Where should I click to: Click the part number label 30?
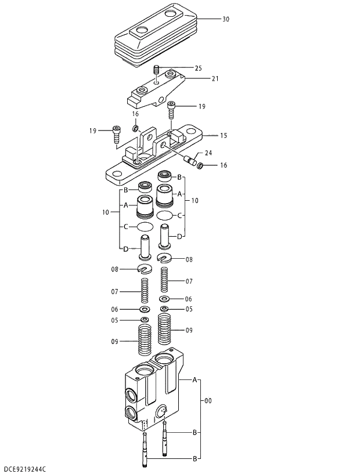(225, 19)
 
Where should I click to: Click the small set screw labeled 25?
(156, 71)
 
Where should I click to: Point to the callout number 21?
(215, 78)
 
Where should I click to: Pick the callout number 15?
(223, 136)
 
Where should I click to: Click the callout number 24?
(208, 154)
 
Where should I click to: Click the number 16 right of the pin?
(223, 166)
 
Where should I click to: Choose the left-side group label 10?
(106, 213)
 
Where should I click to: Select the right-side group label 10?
(195, 200)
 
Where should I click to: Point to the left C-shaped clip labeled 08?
(145, 269)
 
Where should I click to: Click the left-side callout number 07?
(115, 291)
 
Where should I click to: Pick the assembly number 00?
(208, 400)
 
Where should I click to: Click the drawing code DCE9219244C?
(25, 468)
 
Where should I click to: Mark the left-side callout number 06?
(115, 309)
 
